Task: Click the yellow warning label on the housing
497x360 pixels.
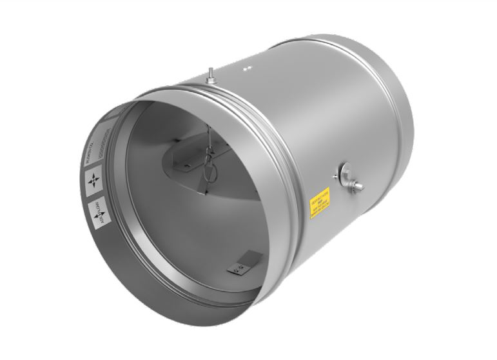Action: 320,202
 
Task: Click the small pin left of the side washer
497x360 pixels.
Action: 334,174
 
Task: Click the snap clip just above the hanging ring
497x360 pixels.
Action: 207,155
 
